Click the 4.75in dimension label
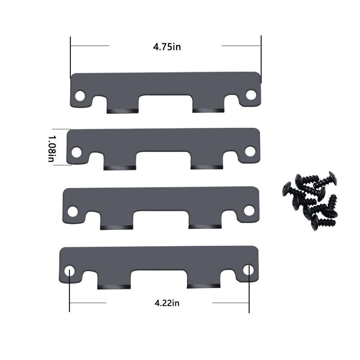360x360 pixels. tap(167, 47)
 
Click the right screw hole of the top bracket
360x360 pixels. tap(251, 95)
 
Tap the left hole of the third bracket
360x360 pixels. tap(73, 211)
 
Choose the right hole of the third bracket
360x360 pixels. tap(249, 210)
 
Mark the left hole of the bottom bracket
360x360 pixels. tap(70, 271)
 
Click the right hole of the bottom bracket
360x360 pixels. tap(248, 270)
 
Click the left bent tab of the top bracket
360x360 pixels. tap(122, 111)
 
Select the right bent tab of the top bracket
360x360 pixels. tap(208, 110)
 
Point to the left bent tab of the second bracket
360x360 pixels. tap(119, 167)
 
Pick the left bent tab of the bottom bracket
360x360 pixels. tap(114, 287)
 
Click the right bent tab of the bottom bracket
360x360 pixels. tap(202, 286)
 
